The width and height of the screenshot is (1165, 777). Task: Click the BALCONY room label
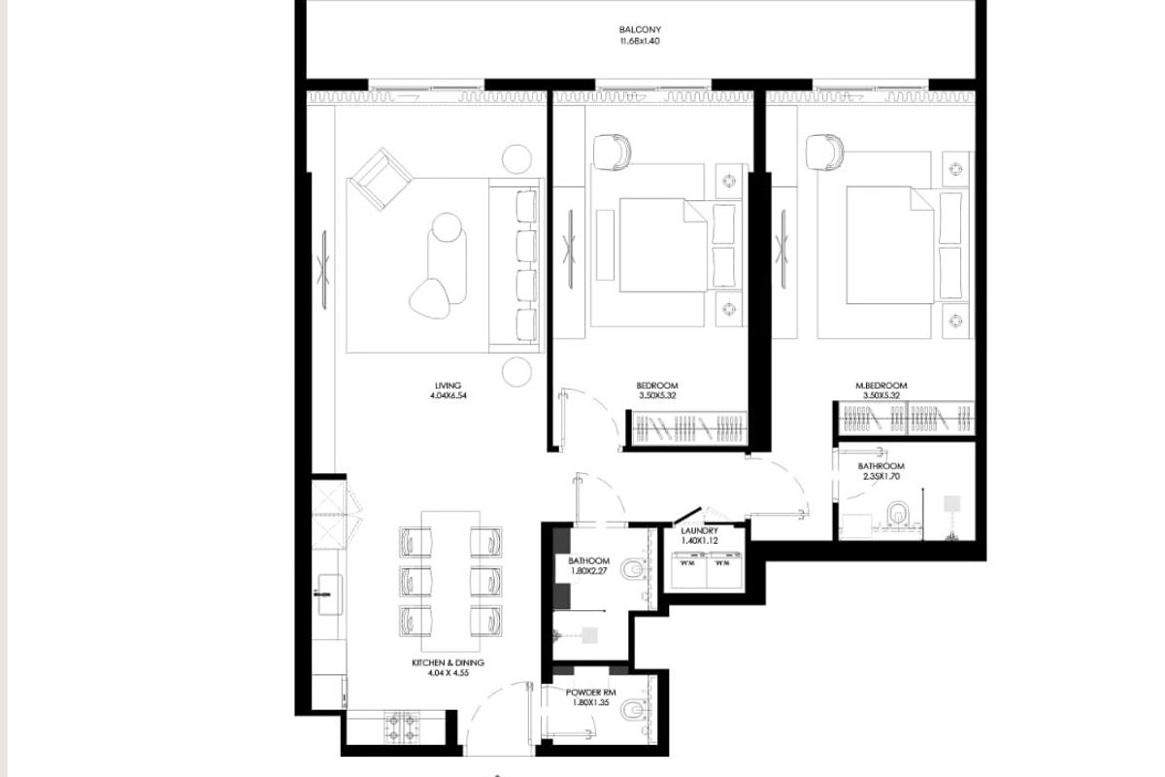pos(640,30)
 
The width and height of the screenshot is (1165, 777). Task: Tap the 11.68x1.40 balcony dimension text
pos(640,41)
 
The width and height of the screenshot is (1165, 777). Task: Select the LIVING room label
pos(448,386)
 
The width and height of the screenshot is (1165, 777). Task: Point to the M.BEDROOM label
pos(882,386)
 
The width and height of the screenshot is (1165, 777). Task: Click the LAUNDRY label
pos(700,531)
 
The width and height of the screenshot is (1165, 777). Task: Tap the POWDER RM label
pos(591,693)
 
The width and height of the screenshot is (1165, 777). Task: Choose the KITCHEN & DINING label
pos(448,662)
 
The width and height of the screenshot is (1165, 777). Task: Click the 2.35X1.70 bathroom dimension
pos(882,476)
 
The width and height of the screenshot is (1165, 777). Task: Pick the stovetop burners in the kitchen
pos(402,726)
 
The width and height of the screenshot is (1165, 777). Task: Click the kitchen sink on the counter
pos(330,593)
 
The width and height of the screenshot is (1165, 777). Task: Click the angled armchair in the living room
pos(382,179)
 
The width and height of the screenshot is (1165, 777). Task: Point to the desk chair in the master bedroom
pos(824,152)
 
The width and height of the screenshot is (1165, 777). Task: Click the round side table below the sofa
pos(516,372)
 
